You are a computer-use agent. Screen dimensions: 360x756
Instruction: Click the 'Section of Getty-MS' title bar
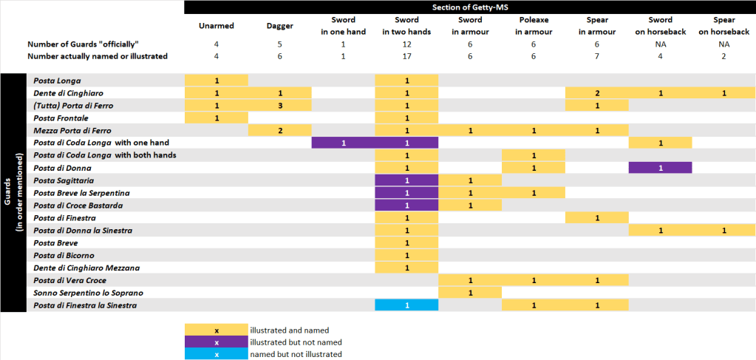[470, 7]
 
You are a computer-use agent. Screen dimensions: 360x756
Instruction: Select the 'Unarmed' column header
[216, 26]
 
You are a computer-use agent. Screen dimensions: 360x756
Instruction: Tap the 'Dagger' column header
[279, 26]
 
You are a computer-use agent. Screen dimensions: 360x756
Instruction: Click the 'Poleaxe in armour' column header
[534, 26]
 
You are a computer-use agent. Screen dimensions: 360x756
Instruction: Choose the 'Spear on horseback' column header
[724, 26]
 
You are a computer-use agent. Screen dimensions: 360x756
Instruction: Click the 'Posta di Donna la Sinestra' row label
[83, 231]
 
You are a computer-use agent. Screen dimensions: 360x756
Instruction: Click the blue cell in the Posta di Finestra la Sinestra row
[406, 305]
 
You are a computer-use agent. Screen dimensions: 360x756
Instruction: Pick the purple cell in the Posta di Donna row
[661, 168]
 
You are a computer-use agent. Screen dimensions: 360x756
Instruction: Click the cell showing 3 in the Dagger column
[279, 106]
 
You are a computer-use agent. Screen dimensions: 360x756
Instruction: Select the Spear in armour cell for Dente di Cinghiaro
[597, 93]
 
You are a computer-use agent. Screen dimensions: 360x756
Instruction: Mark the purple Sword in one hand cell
[343, 143]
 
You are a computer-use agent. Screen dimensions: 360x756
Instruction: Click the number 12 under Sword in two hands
[406, 44]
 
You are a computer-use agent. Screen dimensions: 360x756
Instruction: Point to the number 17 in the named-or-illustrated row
[406, 56]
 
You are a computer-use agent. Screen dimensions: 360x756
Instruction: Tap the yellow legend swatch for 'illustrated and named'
[216, 330]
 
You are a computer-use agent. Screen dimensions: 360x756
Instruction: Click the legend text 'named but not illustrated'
[296, 355]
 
